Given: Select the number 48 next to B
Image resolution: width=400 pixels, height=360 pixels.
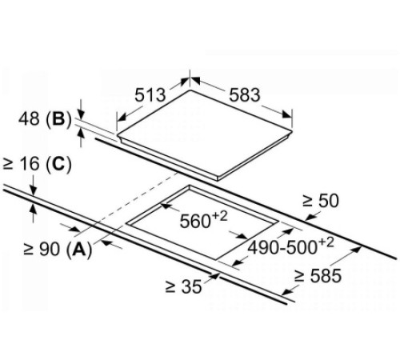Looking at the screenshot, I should click(30, 118).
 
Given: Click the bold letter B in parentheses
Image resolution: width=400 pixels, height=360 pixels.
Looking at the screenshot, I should click(58, 119).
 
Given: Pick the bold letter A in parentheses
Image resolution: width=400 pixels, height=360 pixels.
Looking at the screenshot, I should click(78, 249).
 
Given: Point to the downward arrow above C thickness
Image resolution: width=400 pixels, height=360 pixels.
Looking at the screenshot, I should click(34, 186).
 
